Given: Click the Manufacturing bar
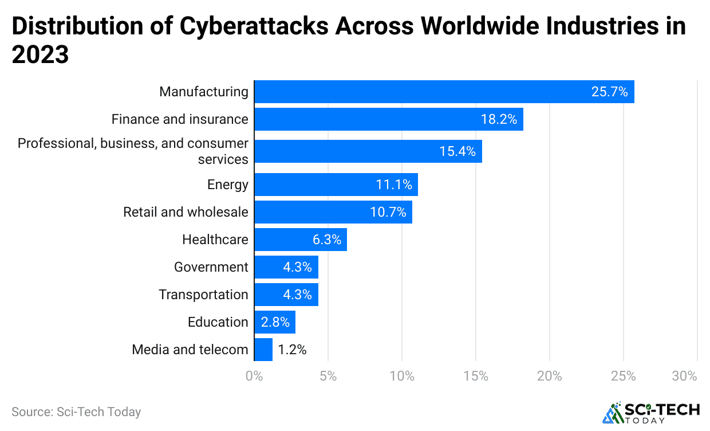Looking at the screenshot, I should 444,92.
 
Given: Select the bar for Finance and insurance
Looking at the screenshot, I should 388,119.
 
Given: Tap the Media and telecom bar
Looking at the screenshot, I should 263,350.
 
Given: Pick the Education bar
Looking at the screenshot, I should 274,322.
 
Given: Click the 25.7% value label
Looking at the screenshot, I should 609,92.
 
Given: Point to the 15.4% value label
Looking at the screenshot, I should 457,151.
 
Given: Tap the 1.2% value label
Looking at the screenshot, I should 292,350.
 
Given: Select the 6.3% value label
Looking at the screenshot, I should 326,240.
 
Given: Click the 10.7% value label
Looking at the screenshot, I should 388,212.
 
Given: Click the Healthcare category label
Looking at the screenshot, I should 215,240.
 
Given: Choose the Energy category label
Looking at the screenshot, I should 228,185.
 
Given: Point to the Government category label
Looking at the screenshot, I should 211,267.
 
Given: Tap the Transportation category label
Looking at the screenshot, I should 203,295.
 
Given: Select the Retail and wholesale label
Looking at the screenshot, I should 186,212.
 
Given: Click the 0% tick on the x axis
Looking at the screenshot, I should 254,377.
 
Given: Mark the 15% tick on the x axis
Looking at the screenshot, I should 476,377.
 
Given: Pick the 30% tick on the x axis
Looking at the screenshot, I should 685,377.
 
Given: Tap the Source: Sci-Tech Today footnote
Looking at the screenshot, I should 76,412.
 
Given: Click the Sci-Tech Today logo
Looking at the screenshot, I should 651,413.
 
